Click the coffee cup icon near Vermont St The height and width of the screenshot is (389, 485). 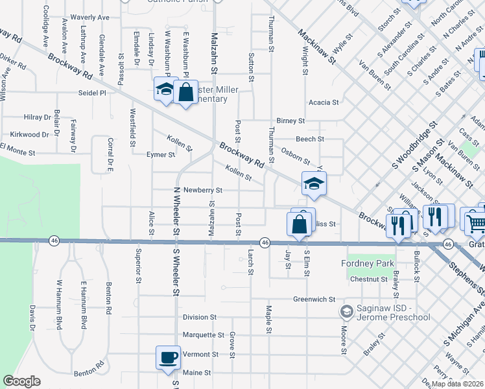tap(168, 357)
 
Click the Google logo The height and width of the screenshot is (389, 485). tap(22, 381)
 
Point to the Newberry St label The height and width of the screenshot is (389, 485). tap(203, 191)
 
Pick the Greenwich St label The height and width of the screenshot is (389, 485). tap(313, 300)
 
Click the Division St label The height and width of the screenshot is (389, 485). tap(199, 317)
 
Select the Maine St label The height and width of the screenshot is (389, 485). tap(198, 373)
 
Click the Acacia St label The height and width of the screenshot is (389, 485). tap(324, 102)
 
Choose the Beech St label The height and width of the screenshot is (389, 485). tap(310, 139)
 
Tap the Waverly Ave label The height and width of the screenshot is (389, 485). tap(89, 18)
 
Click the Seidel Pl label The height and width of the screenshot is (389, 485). tap(91, 93)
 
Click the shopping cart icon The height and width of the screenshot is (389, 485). tap(475, 222)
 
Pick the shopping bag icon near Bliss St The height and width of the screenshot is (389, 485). tap(300, 225)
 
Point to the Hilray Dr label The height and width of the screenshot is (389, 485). tap(38, 117)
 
